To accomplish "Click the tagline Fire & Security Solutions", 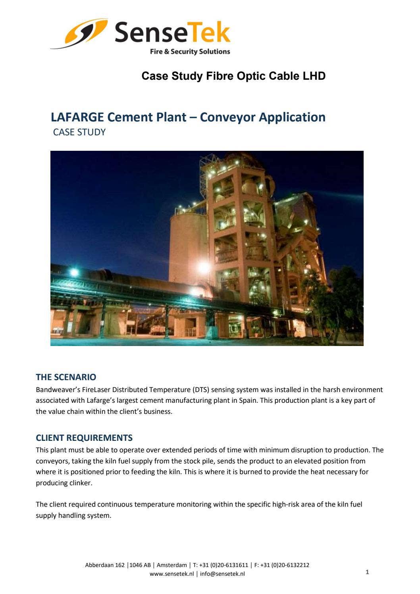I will (190, 52).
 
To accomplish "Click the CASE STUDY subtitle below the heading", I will (79, 132).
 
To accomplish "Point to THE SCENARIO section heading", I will (66, 377).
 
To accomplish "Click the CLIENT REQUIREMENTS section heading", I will (84, 438).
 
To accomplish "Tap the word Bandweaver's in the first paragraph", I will (55, 390).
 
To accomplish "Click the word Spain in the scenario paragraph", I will (248, 400).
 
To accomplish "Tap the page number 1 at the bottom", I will (367, 572).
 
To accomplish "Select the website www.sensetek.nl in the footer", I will (171, 574).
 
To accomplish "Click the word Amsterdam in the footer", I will (171, 565).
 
